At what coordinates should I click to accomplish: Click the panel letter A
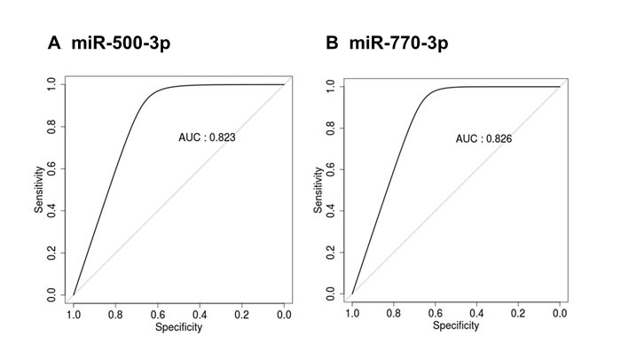pos(54,43)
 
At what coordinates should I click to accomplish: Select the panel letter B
pos(332,43)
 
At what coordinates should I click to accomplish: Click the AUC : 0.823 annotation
pos(207,137)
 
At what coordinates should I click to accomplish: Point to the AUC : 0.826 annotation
pos(483,138)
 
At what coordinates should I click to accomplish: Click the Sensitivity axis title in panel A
pos(38,190)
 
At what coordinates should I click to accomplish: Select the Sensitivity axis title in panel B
pos(318,190)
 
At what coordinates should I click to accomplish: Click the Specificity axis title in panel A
pos(178,327)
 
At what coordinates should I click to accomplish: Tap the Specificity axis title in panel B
pos(456,325)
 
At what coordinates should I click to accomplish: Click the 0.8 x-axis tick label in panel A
pos(115,316)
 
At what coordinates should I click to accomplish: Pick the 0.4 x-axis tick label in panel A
pos(200,316)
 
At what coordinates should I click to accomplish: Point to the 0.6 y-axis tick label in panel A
pos(51,168)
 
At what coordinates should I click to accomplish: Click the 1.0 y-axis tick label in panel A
pos(51,84)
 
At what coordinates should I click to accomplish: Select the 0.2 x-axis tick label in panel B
pos(518,313)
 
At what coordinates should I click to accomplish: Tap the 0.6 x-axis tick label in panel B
pos(435,313)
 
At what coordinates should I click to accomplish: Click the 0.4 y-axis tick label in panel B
pos(331,211)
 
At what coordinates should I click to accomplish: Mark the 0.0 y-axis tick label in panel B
pos(331,293)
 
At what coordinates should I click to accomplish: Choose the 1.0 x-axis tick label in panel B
pos(352,313)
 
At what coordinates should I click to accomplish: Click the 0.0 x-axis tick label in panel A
pos(284,316)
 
